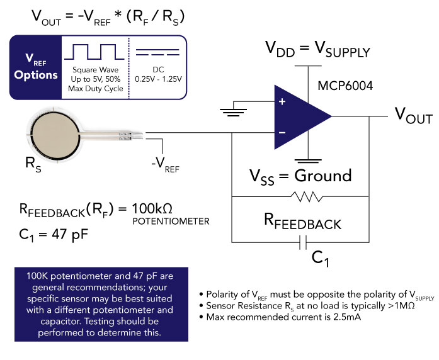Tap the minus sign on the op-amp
coord(282,132)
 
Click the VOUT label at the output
coord(413,115)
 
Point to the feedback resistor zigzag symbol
coord(307,197)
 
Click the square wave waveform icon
coord(95,51)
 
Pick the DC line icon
coord(158,50)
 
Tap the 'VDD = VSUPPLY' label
coord(308,48)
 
